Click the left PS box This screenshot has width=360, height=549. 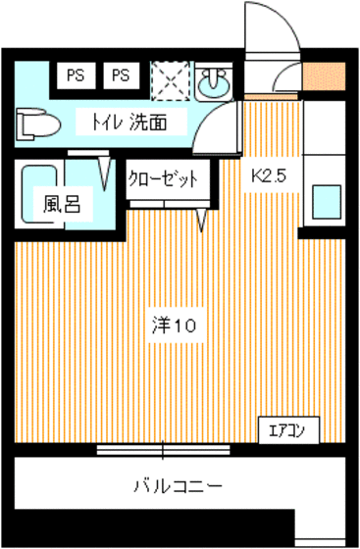(x=75, y=75)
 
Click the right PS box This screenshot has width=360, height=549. (x=120, y=75)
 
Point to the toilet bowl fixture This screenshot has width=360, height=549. (x=35, y=124)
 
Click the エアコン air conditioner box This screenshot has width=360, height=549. (x=287, y=430)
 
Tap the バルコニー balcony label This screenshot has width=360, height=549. (x=177, y=485)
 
